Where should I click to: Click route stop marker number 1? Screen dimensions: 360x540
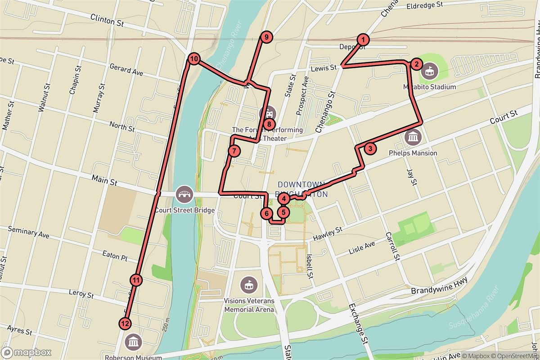[363, 40]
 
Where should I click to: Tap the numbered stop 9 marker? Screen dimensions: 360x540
[267, 37]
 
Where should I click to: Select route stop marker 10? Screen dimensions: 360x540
[194, 58]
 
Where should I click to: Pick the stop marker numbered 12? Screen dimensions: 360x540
[125, 323]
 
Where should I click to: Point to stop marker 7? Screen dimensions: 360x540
[234, 151]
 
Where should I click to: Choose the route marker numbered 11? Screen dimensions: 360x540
[136, 280]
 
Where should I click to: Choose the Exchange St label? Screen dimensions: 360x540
[359, 324]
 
